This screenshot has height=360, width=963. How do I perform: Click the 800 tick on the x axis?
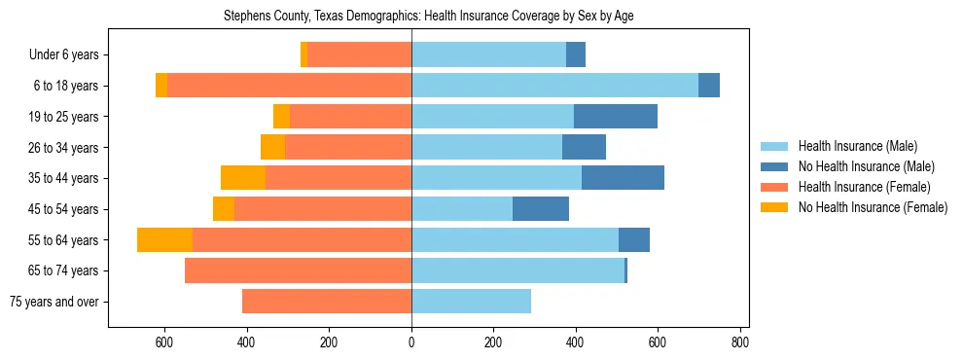(740, 342)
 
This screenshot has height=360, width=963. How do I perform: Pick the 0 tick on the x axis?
(411, 342)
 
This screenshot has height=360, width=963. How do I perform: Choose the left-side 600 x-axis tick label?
(163, 342)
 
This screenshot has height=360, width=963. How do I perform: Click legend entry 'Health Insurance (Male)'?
(857, 146)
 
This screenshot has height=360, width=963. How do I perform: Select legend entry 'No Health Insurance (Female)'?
(873, 207)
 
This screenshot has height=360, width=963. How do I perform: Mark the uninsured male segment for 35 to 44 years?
(623, 178)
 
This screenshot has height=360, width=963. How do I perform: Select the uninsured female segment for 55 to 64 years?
(164, 239)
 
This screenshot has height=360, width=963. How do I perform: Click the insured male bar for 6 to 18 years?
(554, 86)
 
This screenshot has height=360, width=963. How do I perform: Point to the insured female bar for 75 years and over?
(327, 302)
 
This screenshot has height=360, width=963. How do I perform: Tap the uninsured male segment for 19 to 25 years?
(615, 117)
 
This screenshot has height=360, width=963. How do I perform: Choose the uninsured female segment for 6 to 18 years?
(161, 86)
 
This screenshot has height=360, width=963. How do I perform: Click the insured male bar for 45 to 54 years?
(462, 209)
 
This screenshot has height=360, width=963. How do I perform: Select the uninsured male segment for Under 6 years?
(576, 54)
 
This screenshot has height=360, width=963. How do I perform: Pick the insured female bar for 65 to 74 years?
(298, 270)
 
